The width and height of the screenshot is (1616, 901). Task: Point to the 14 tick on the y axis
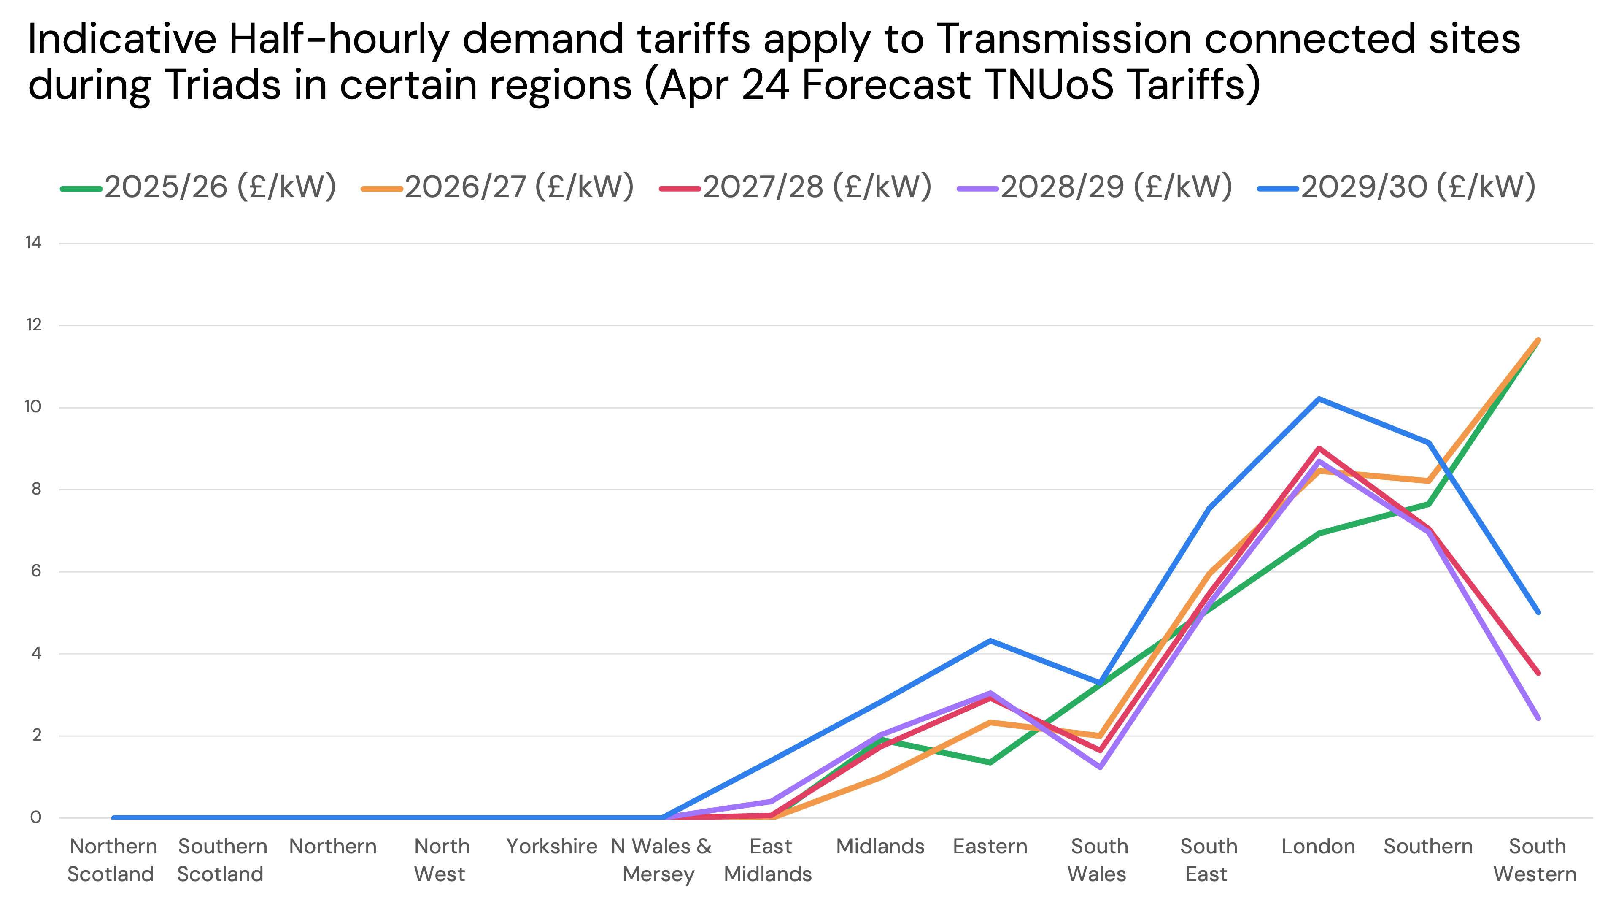click(33, 243)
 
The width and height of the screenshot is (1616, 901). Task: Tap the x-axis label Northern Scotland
click(112, 860)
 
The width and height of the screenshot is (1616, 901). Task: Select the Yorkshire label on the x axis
click(551, 847)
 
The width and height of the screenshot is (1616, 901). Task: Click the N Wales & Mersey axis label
click(661, 860)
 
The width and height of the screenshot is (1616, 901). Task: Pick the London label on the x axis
click(1318, 847)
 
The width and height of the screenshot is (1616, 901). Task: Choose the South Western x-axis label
click(1536, 860)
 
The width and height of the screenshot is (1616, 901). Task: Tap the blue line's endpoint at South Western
click(1538, 612)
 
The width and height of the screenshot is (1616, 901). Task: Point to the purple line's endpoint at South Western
click(1538, 718)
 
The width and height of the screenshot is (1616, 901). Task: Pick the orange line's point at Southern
click(1428, 481)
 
